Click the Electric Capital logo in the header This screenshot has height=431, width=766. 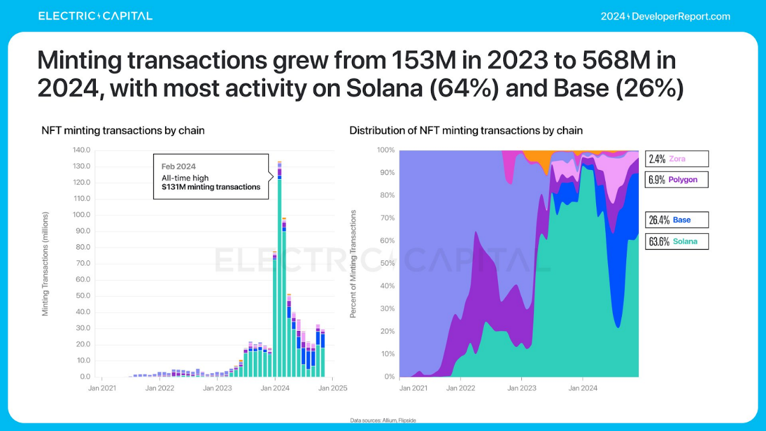95,16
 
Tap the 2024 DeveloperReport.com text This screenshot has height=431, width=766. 665,16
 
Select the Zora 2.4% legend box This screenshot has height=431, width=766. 676,159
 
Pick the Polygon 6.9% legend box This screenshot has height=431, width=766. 676,180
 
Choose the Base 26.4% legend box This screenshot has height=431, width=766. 676,220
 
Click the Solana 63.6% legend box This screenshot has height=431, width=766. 676,241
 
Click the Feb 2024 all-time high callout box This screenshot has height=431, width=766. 210,177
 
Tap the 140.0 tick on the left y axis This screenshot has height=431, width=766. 81,150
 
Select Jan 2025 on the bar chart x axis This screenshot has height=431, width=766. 333,388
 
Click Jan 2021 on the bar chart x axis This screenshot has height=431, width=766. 102,388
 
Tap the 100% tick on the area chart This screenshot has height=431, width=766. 386,150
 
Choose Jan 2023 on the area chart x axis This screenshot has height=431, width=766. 521,388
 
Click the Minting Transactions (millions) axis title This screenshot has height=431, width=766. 45,263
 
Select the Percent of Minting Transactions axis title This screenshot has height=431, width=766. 353,263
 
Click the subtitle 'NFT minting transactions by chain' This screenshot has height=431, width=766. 123,130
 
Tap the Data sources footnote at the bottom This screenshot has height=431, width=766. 383,420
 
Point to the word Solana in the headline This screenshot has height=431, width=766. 384,89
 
